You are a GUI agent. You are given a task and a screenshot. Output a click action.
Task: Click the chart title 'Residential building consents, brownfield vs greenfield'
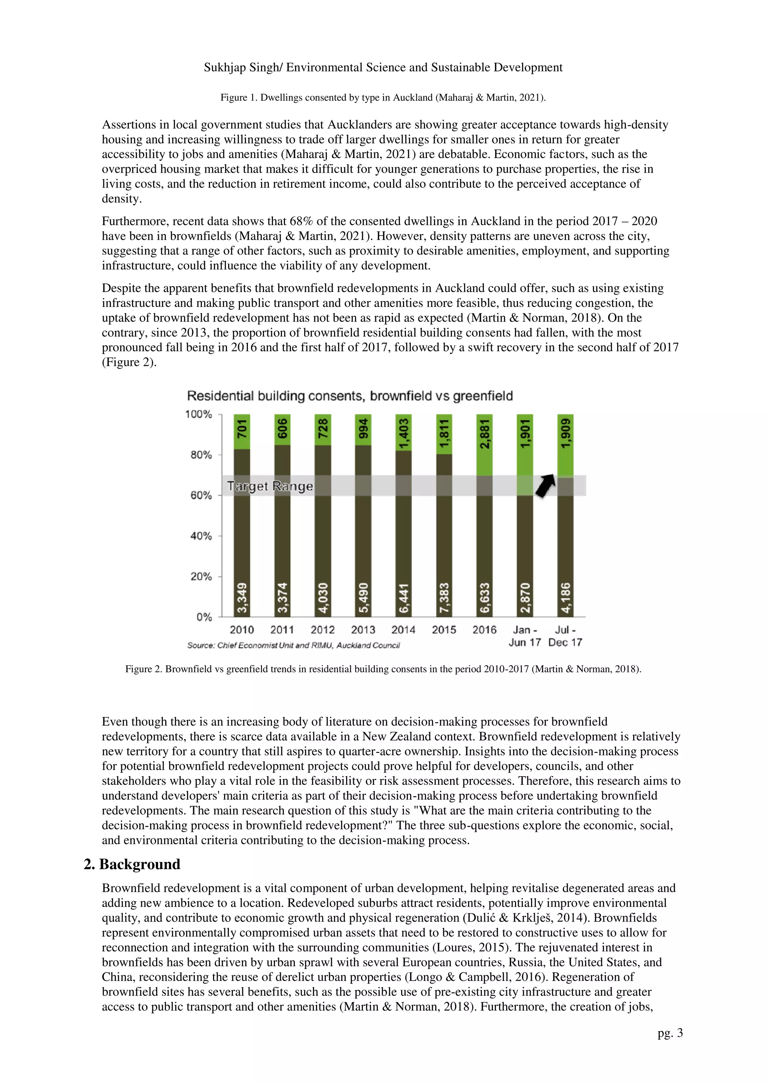pyautogui.click(x=349, y=396)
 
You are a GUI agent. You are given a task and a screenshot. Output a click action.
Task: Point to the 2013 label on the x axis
pyautogui.click(x=363, y=630)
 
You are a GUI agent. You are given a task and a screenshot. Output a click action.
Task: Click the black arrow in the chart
pyautogui.click(x=545, y=485)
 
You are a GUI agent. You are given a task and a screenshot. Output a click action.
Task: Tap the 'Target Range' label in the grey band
pyautogui.click(x=270, y=486)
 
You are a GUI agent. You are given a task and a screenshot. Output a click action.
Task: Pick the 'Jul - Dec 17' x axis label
pyautogui.click(x=565, y=636)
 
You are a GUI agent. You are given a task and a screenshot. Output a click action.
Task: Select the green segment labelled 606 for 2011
pyautogui.click(x=282, y=429)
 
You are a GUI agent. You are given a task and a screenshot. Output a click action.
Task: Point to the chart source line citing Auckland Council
pyautogui.click(x=293, y=646)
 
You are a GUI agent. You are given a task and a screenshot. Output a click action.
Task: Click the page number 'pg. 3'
pyautogui.click(x=670, y=1033)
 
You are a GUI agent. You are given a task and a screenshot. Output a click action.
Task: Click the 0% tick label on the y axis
pyautogui.click(x=204, y=617)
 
